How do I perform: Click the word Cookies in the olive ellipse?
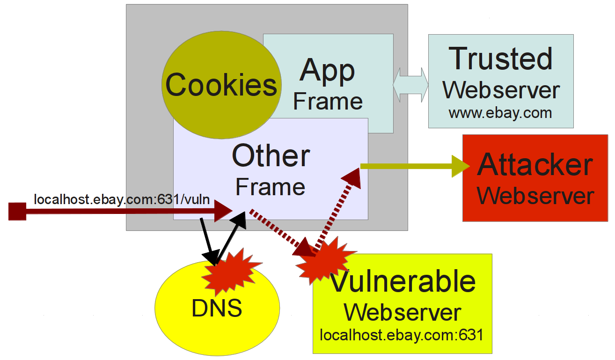pos(221,85)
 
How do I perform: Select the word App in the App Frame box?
pos(328,71)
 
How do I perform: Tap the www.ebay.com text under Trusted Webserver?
pos(500,113)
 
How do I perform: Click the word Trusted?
pos(500,59)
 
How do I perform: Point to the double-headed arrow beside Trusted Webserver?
pos(410,85)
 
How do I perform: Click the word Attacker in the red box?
pos(535,165)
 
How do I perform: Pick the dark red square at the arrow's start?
pos(17,211)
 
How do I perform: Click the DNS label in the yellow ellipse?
pos(217,308)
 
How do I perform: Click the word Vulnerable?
pos(403,282)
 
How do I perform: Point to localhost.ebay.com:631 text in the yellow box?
pos(401,336)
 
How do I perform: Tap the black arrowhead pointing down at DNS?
pos(211,257)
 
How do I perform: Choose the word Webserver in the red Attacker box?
pos(535,196)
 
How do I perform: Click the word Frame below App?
pos(328,102)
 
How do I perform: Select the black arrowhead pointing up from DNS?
pos(239,220)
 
